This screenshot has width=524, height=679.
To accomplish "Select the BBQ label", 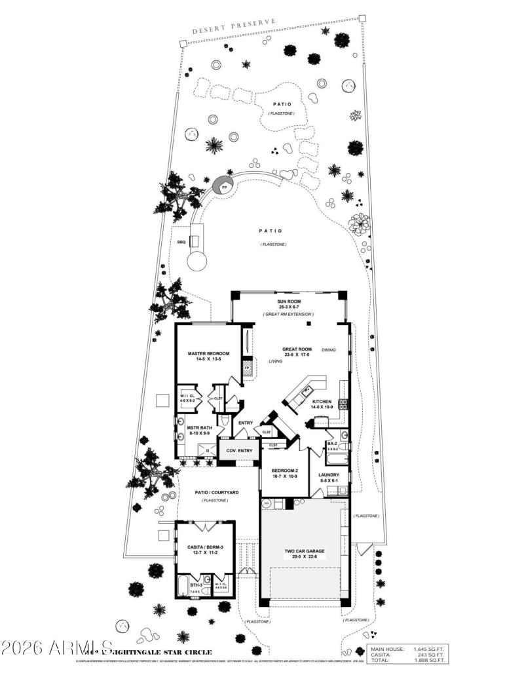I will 181,242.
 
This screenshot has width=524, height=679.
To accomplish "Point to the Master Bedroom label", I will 208,354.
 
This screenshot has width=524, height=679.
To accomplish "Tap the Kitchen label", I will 322,401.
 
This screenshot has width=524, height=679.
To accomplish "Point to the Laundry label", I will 328,475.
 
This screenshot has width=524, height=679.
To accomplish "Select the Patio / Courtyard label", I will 211,492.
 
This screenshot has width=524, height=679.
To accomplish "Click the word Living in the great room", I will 276,360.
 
